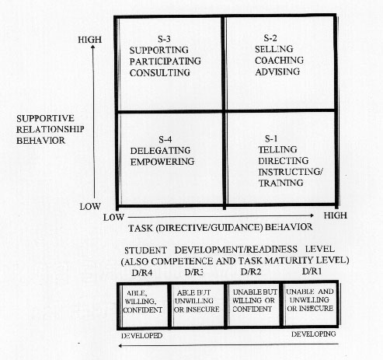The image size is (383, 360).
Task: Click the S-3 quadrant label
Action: click(164, 39)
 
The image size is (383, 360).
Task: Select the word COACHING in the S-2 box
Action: click(279, 60)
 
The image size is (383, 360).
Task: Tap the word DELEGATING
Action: click(160, 150)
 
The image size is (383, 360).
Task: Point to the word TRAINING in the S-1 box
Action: click(280, 183)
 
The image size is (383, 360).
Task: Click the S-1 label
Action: click(271, 138)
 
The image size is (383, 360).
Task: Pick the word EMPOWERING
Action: click(162, 162)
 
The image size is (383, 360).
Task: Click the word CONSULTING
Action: click(160, 72)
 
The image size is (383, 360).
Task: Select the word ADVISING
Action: click(277, 72)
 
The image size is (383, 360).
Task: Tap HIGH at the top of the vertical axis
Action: click(89, 40)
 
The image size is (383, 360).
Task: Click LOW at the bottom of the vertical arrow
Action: click(90, 207)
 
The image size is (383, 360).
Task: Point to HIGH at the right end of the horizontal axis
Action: click(336, 215)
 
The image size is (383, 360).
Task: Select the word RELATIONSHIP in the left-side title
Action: click(50, 129)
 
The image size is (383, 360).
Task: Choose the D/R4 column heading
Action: click(141, 273)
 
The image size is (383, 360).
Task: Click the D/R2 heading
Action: click(251, 272)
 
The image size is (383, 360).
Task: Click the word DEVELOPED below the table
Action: click(142, 336)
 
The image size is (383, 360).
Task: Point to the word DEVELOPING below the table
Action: click(313, 334)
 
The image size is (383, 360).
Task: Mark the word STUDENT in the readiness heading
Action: click(145, 250)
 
